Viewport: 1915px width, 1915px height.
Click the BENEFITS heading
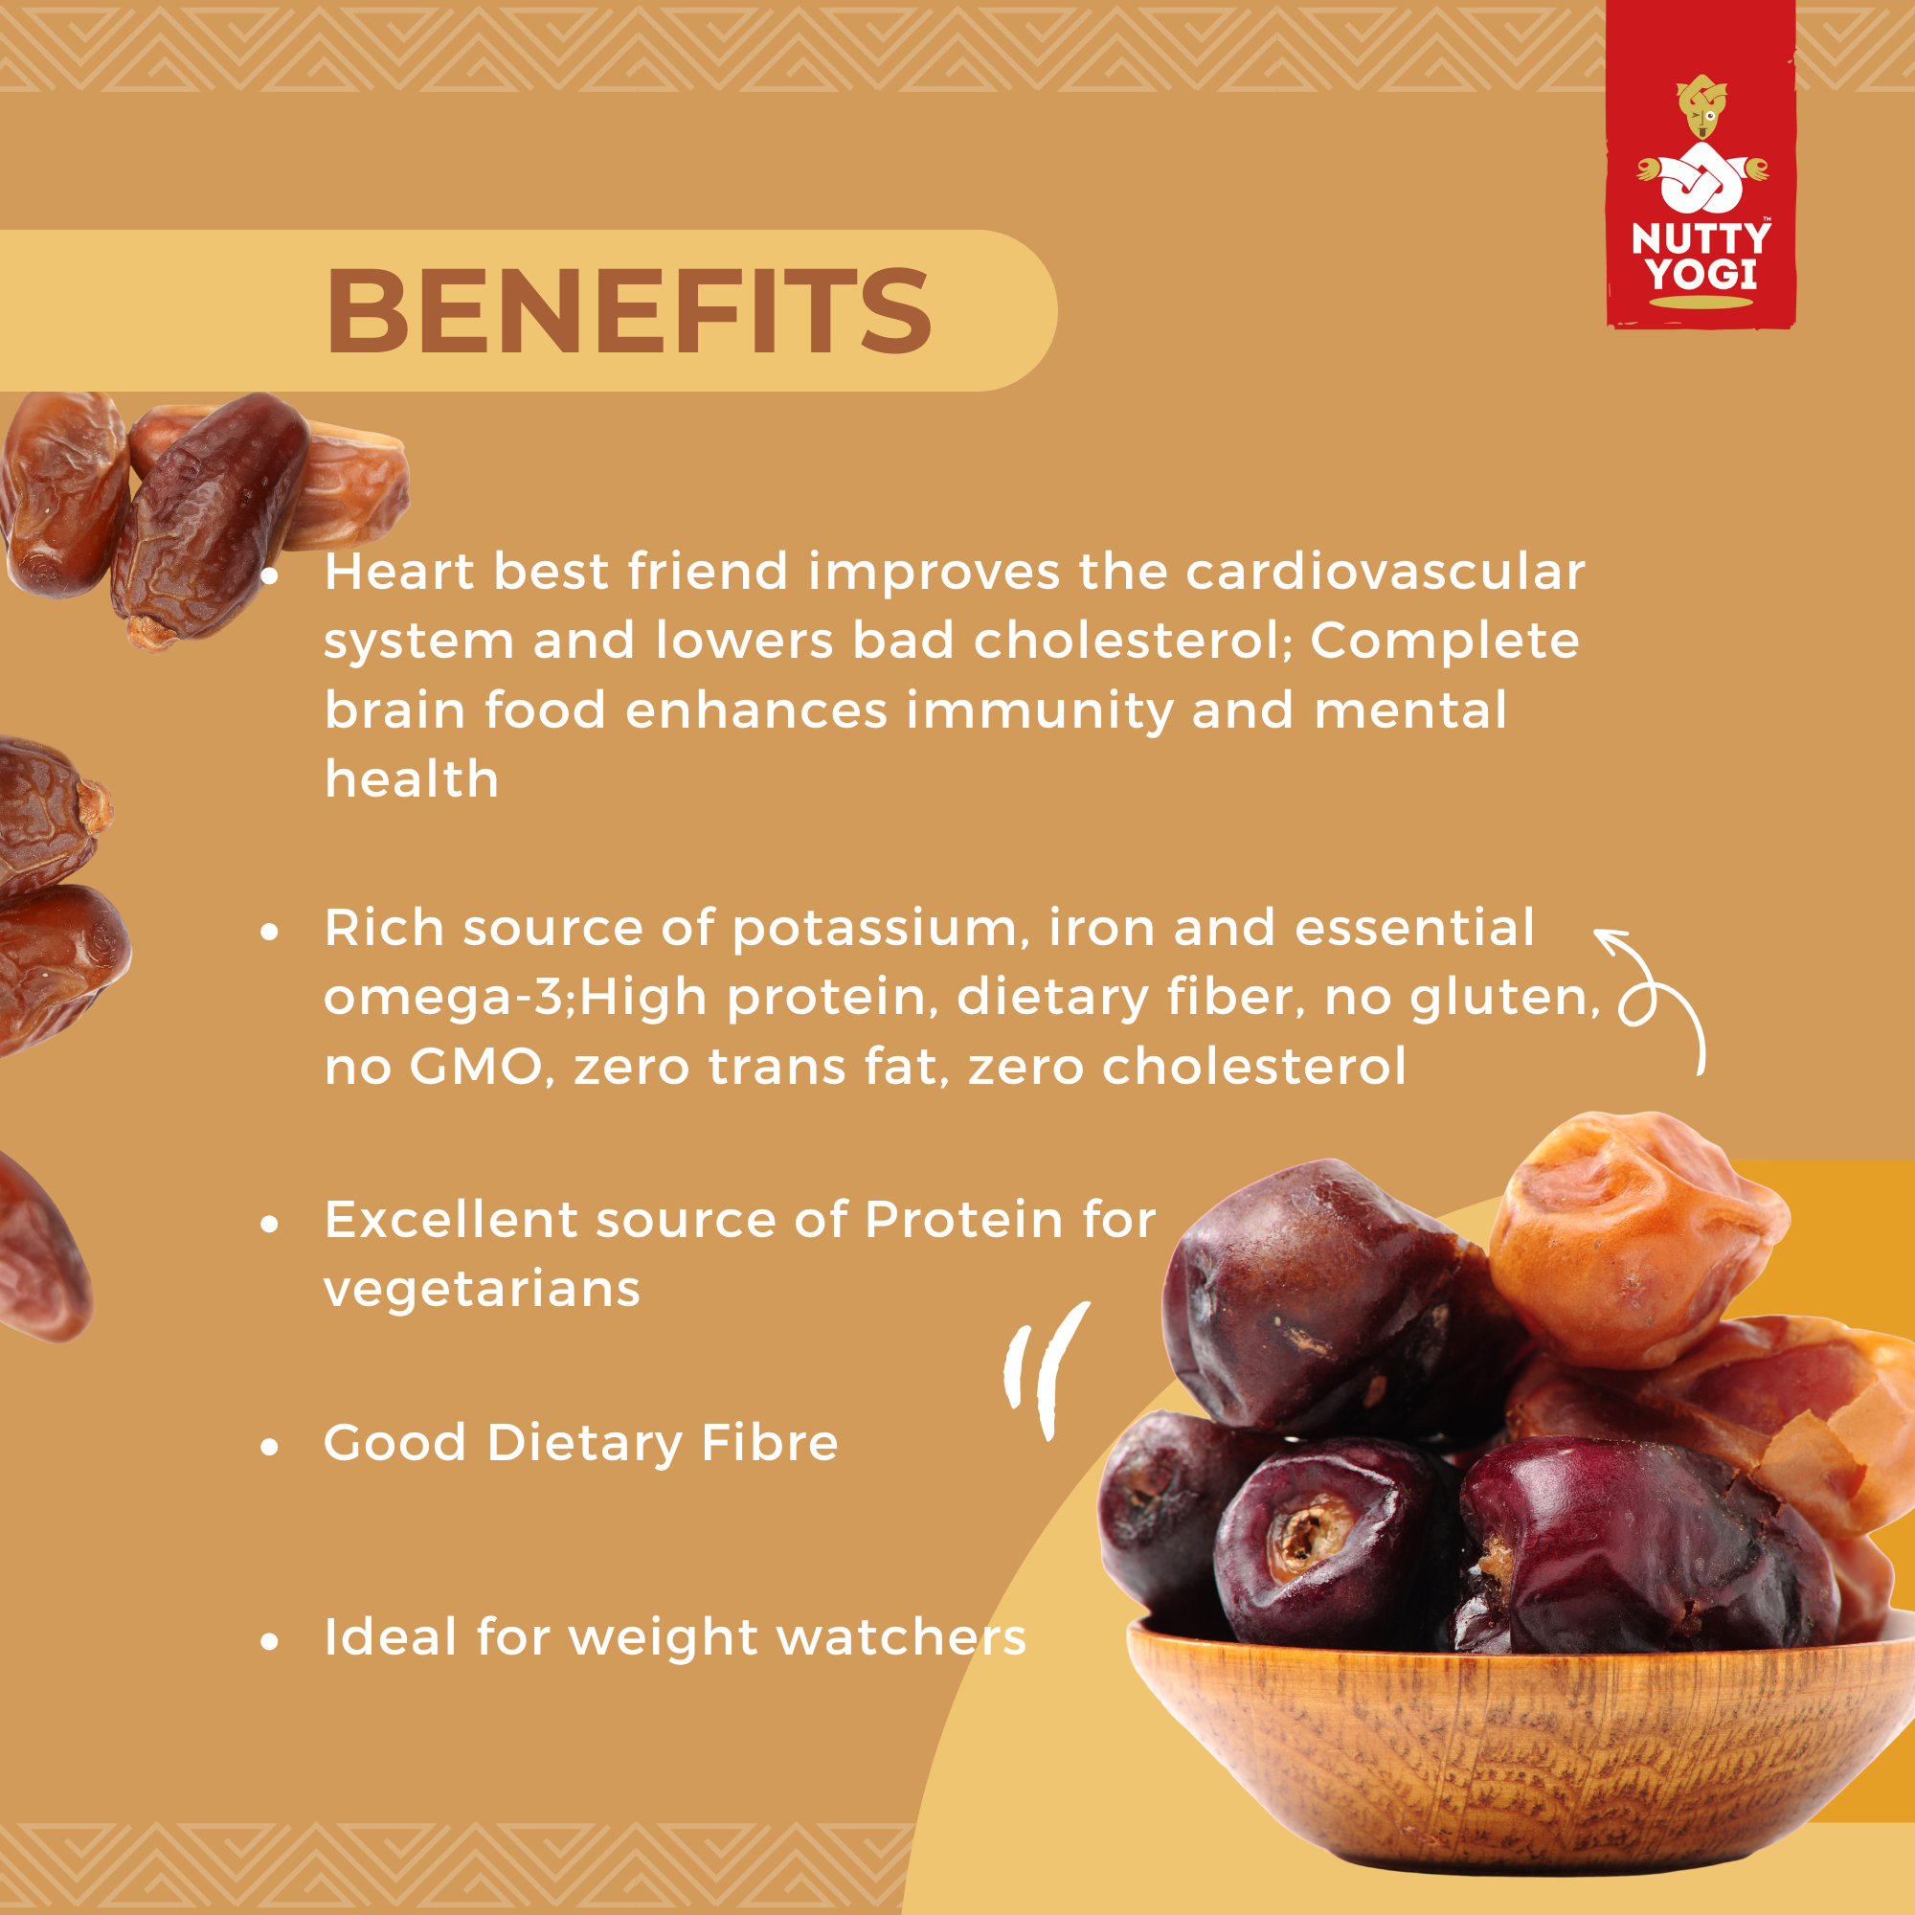pos(628,311)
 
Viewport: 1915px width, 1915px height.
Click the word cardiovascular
pos(1385,572)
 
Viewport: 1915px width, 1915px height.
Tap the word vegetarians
pos(482,1290)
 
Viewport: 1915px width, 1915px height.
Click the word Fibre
pos(769,1442)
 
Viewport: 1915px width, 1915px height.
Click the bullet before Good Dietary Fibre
pos(270,1447)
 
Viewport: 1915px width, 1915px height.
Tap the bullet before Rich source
pos(270,932)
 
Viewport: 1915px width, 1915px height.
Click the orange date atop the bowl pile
pos(1635,1239)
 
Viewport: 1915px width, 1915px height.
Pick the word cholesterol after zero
pos(1254,1067)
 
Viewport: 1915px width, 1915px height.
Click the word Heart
pos(398,572)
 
